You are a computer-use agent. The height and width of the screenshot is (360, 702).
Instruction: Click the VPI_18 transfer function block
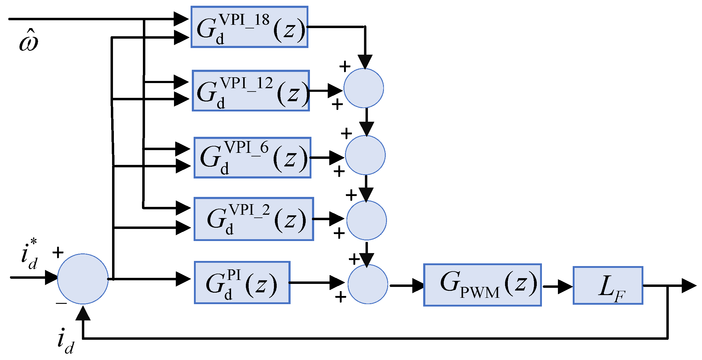[249, 27]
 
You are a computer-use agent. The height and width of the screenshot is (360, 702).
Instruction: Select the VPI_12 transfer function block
[251, 91]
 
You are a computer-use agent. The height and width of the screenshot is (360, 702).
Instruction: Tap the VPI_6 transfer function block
[252, 158]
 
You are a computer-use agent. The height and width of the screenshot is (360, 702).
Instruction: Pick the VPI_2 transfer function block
[253, 219]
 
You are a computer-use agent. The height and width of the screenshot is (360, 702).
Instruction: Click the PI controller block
[242, 283]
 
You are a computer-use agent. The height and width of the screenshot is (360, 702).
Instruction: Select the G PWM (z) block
[482, 285]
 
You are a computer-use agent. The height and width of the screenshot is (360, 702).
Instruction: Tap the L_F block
[608, 285]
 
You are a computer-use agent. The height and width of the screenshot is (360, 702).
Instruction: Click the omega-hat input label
[29, 41]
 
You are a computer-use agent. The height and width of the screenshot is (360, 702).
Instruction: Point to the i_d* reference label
[29, 254]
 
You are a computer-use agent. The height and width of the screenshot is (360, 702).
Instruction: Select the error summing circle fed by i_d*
[82, 279]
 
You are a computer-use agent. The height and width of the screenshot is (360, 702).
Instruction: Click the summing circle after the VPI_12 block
[364, 88]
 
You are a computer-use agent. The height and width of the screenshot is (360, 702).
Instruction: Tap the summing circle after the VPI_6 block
[365, 155]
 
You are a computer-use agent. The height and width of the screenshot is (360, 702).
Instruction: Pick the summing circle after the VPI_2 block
[366, 220]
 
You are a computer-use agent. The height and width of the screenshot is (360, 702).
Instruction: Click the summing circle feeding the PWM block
[368, 284]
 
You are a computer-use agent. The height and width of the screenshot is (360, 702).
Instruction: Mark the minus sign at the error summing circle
[61, 303]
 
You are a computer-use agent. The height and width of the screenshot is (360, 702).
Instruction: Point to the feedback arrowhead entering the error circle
[83, 313]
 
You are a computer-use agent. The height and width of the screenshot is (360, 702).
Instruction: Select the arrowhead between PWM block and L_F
[565, 287]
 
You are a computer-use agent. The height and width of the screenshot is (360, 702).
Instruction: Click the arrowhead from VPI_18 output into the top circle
[365, 62]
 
